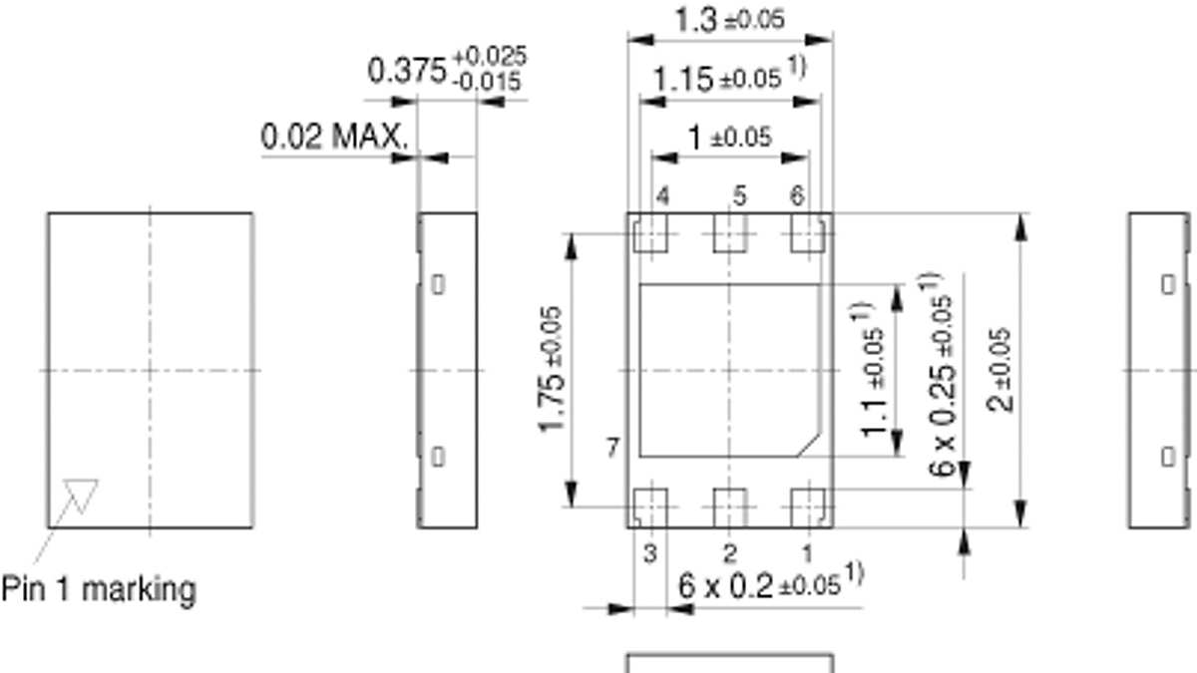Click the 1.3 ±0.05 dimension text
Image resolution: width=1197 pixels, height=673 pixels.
click(x=730, y=20)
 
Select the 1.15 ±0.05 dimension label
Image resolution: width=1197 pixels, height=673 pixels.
click(x=729, y=78)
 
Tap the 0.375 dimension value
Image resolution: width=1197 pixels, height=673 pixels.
click(x=407, y=71)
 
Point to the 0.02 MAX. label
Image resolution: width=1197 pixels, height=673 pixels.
click(x=334, y=137)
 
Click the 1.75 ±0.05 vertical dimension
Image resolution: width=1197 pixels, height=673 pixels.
click(x=551, y=370)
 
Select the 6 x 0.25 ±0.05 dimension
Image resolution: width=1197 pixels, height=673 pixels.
click(x=939, y=375)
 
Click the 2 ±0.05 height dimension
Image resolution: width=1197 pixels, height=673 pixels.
click(x=999, y=370)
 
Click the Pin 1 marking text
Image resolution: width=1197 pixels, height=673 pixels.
click(x=99, y=589)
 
